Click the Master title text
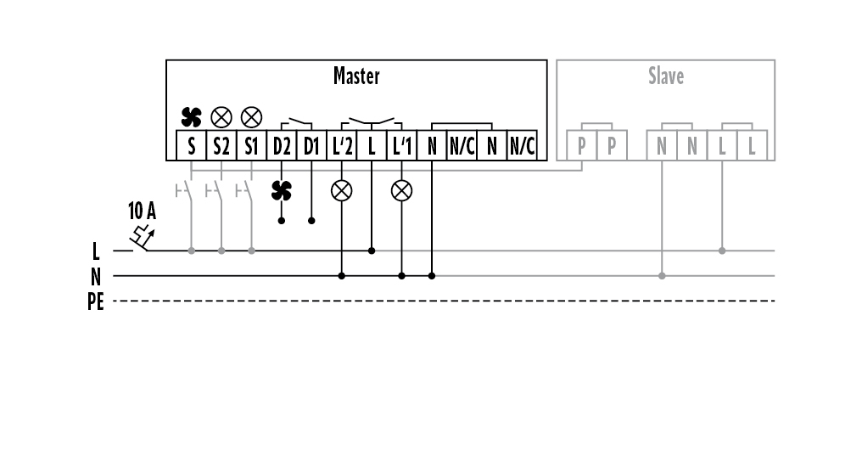point(356,76)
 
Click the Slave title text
point(666,76)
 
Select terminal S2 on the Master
point(221,146)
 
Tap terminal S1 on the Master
point(251,146)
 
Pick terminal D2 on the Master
point(282,146)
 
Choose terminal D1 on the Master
point(311,146)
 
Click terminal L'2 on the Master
point(342,146)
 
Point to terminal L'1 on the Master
point(401,146)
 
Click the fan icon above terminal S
point(191,116)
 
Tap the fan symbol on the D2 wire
point(282,190)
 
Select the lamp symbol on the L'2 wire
point(342,190)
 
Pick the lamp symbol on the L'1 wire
point(401,190)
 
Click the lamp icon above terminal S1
point(251,116)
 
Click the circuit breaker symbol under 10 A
point(141,241)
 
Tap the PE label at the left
point(96,302)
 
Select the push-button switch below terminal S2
point(216,190)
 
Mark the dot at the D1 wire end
point(311,221)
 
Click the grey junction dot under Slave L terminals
point(722,251)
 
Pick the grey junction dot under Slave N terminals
point(662,276)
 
